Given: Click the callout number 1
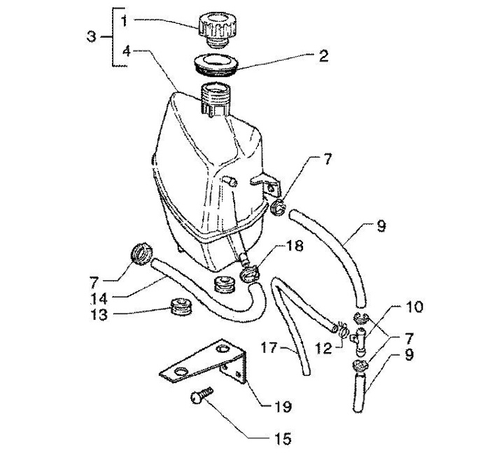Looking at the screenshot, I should (x=123, y=21).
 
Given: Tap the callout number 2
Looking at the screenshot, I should (x=323, y=55).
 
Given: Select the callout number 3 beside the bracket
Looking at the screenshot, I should (x=91, y=36).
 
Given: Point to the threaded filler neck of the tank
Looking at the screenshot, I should (x=215, y=99).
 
